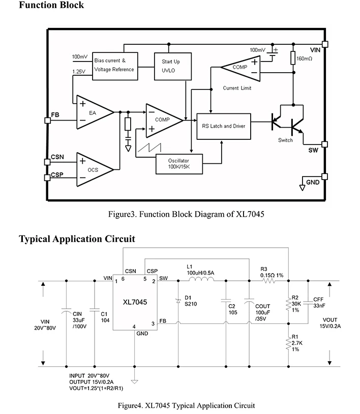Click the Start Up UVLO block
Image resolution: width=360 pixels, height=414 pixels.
point(172,66)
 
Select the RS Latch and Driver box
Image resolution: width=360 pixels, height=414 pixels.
point(224,127)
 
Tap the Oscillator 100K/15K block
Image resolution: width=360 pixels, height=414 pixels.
point(179,164)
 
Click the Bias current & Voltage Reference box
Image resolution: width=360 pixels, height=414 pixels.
point(115,66)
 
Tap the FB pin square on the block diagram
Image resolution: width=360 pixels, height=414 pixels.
point(47,121)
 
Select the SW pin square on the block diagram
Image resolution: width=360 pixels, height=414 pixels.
point(324,144)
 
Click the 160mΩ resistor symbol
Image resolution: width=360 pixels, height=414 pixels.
point(293,58)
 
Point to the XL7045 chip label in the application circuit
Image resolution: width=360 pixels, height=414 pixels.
point(135,302)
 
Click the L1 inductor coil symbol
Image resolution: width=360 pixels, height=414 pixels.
point(202,279)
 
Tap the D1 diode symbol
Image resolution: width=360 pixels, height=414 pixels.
point(178,301)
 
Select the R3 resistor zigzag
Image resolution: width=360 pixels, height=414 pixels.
point(269,281)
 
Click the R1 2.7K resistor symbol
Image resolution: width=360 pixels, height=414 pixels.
point(288,343)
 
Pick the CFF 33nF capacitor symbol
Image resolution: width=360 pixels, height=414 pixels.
point(308,303)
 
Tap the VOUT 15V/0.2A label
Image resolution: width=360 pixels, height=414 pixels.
point(330,323)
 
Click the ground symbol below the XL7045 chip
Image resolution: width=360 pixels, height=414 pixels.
point(134,381)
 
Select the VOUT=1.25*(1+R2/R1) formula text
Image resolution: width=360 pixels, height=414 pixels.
point(96,388)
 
